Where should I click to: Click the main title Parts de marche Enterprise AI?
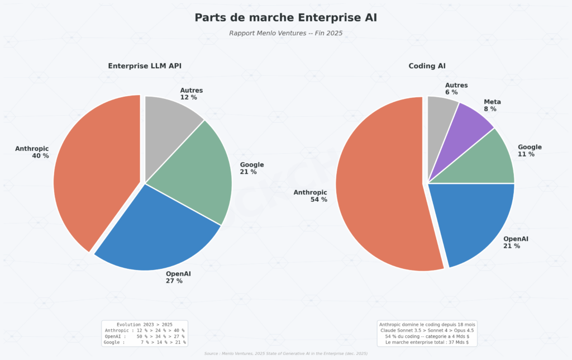click(x=285, y=17)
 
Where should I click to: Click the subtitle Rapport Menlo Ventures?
click(x=285, y=33)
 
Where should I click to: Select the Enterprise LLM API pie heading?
click(x=145, y=66)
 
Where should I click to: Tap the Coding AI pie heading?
click(x=427, y=66)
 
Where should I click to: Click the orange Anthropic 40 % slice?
click(x=95, y=179)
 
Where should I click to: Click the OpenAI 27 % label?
click(x=178, y=277)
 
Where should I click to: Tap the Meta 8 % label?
click(x=492, y=106)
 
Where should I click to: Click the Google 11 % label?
click(x=529, y=150)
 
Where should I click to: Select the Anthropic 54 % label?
click(x=311, y=196)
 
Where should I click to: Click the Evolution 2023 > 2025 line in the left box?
click(x=144, y=325)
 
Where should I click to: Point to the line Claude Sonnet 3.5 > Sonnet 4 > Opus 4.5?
click(x=426, y=330)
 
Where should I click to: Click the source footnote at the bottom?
click(x=285, y=354)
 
